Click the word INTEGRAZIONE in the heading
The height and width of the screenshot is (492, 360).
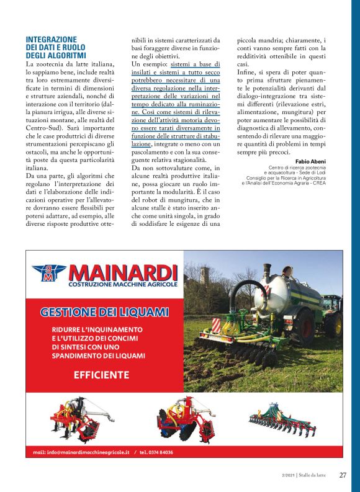point(52,39)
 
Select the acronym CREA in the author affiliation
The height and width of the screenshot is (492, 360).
point(319,184)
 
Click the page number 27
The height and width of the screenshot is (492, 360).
point(343,476)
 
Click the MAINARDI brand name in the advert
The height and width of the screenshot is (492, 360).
point(123,272)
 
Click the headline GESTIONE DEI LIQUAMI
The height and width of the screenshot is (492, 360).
point(104,311)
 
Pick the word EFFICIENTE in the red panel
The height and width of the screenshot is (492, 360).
point(101,375)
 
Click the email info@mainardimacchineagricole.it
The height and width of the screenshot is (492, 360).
point(81,452)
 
